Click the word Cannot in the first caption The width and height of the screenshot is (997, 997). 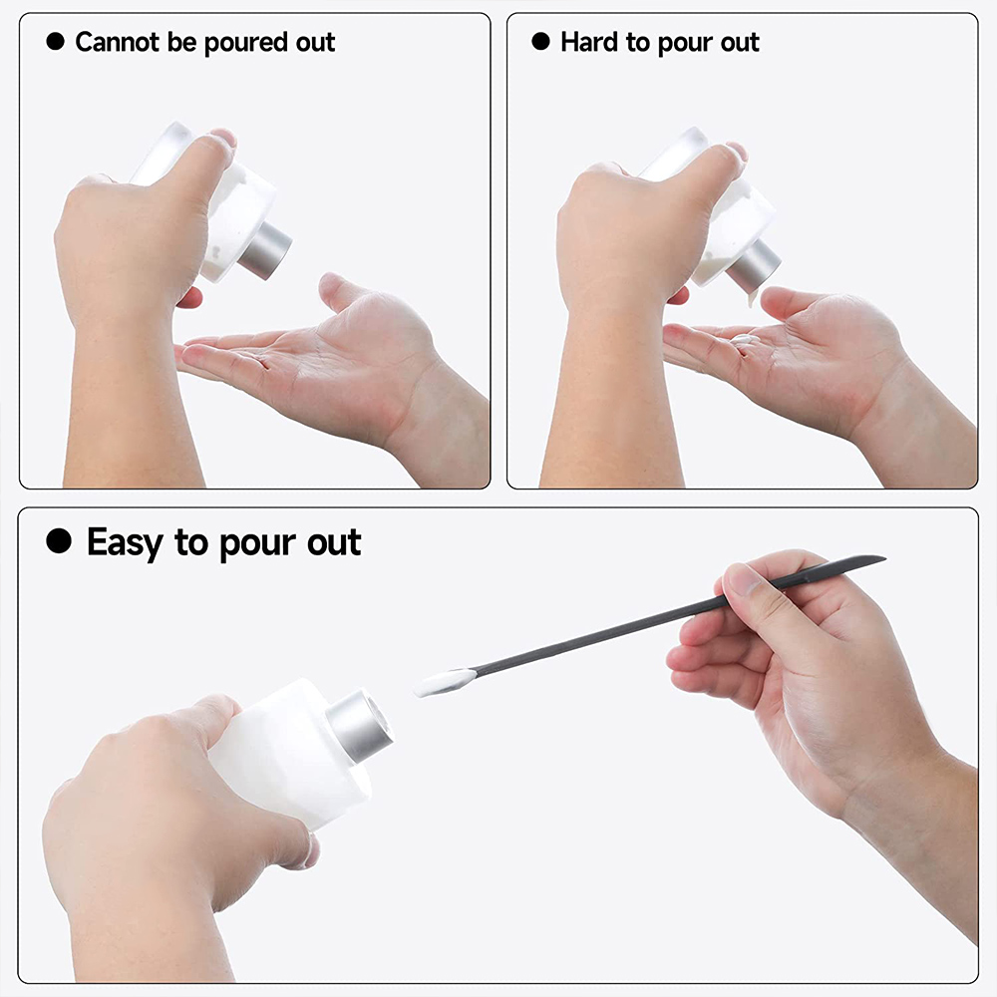117,42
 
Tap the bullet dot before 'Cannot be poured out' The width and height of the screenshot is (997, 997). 56,42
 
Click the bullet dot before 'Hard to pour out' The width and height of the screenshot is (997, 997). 540,42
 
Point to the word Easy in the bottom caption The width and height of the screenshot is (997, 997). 127,543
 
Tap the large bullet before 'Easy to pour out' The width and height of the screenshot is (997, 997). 60,542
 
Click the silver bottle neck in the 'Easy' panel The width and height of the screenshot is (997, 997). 361,726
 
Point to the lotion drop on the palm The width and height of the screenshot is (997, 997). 742,340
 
